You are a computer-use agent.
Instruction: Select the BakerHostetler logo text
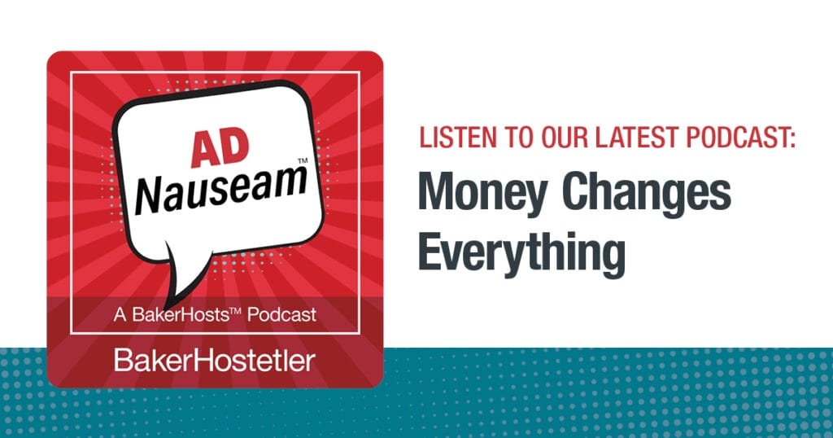[214, 359]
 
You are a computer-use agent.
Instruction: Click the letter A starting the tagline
[118, 313]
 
